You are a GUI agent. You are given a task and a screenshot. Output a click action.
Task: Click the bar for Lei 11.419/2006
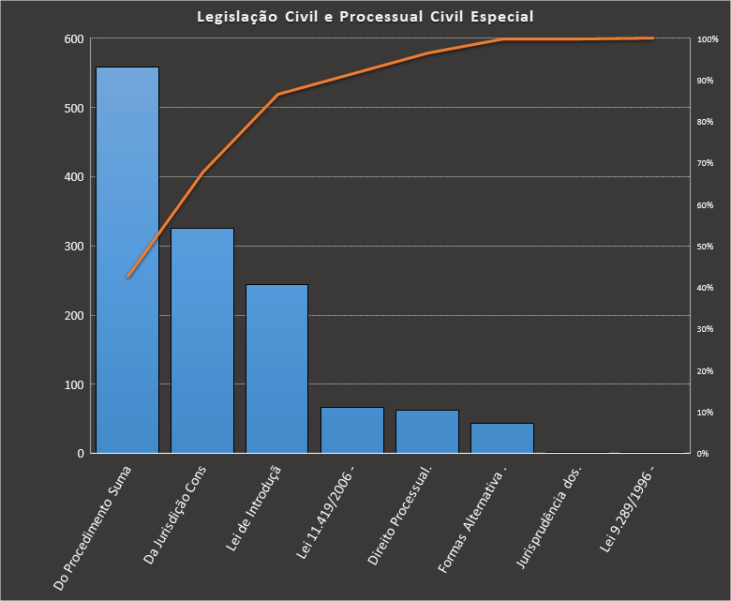pyautogui.click(x=352, y=430)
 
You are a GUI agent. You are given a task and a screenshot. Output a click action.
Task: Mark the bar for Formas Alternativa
pyautogui.click(x=502, y=438)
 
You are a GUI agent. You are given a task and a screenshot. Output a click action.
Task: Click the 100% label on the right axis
pyautogui.click(x=708, y=39)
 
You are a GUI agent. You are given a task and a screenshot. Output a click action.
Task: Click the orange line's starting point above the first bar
pyautogui.click(x=127, y=277)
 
